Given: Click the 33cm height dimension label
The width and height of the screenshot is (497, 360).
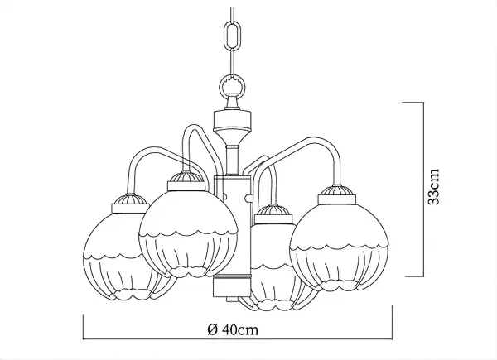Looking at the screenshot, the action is (433, 187).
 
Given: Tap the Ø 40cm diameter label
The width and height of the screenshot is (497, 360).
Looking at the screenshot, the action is (233, 329).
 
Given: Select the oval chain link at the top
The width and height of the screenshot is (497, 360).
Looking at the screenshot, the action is (233, 36).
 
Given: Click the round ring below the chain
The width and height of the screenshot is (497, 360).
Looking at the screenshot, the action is (233, 85).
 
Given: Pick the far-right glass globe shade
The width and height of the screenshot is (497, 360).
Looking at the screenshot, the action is (339, 247).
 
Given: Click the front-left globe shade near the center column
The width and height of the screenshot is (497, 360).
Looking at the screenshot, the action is (188, 233).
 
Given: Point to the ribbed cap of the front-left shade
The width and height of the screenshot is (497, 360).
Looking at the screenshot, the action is (186, 180).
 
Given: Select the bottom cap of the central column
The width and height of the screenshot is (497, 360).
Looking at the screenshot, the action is (232, 286).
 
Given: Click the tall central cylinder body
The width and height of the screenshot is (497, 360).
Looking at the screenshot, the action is (233, 225).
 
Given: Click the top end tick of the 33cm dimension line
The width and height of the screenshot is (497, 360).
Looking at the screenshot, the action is (413, 103).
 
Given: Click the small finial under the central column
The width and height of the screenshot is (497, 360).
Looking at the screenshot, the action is (232, 300).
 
